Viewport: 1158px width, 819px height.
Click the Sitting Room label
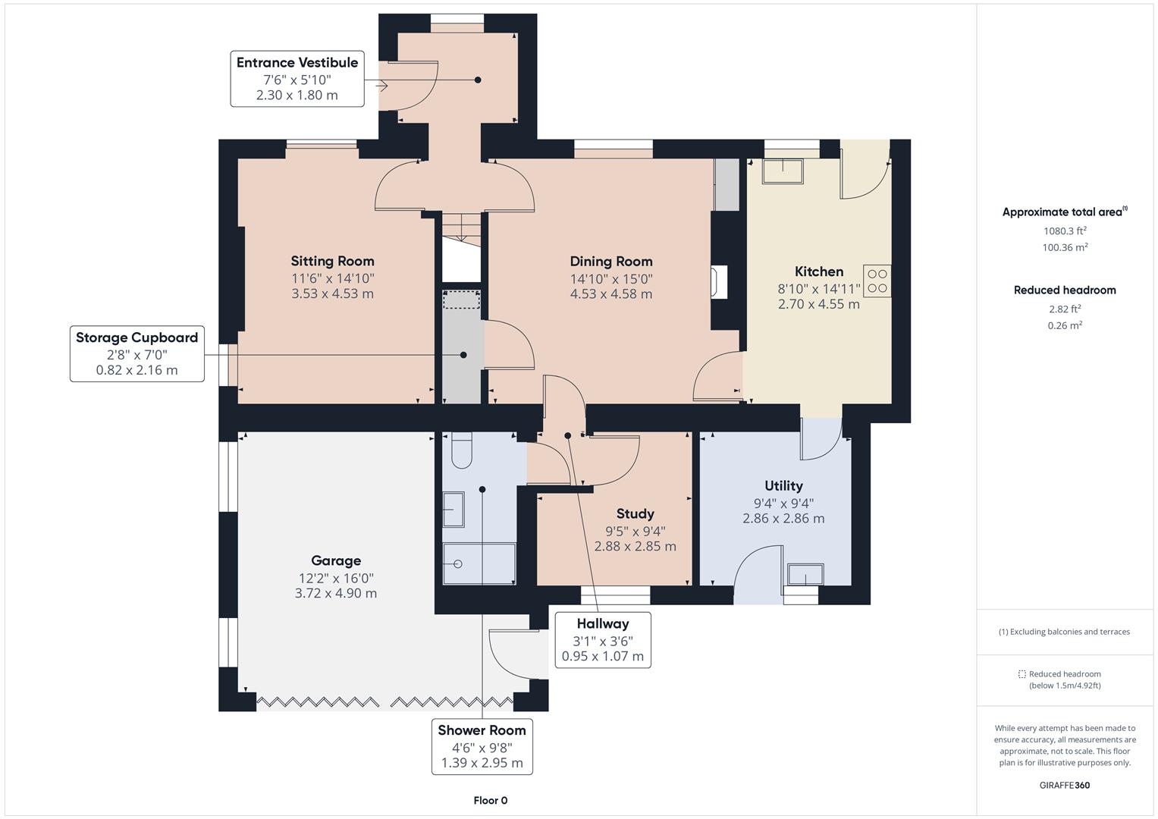click(x=332, y=261)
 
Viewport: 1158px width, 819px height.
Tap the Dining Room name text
click(x=611, y=262)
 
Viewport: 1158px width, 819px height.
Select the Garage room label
click(x=336, y=560)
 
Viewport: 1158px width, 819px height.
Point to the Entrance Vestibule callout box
click(x=297, y=79)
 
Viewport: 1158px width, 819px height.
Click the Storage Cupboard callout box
click(x=137, y=353)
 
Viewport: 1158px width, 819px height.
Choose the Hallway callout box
click(x=603, y=640)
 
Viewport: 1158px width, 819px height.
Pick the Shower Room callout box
click(x=482, y=747)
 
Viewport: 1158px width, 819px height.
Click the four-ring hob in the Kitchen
click(x=877, y=281)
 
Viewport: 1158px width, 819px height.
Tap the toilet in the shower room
click(x=462, y=450)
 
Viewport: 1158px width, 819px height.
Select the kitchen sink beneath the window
click(x=783, y=171)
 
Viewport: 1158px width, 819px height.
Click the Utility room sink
click(x=805, y=575)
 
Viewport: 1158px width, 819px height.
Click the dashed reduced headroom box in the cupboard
click(x=462, y=300)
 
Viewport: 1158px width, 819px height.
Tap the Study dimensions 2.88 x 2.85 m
click(x=635, y=546)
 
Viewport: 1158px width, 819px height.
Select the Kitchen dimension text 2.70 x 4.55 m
click(x=819, y=304)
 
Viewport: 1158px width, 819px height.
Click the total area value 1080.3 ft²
click(x=1065, y=231)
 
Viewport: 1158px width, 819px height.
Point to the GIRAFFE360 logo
click(x=1065, y=786)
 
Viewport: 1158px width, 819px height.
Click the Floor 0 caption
click(x=491, y=800)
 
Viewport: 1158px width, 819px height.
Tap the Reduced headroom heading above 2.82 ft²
click(x=1065, y=290)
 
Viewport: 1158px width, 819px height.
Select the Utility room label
click(x=783, y=485)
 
